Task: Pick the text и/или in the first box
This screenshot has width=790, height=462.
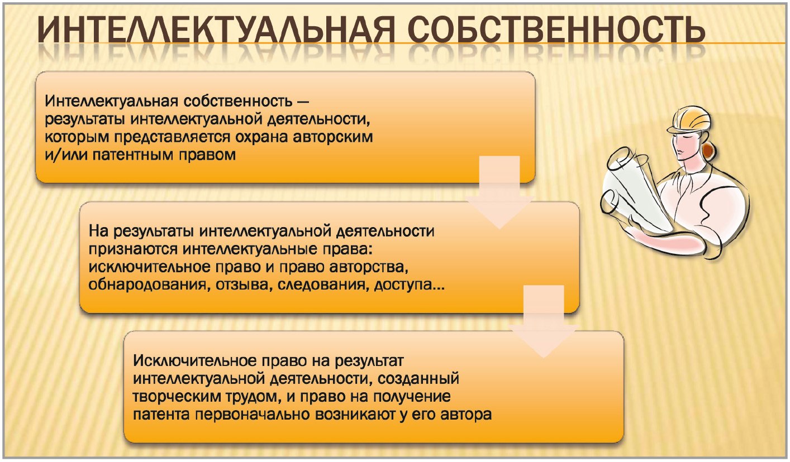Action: coord(66,155)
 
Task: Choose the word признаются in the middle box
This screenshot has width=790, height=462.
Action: coord(133,249)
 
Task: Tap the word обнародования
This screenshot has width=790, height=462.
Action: coord(147,285)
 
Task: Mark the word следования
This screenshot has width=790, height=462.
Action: coord(323,285)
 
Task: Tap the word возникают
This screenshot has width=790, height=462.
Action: coord(355,415)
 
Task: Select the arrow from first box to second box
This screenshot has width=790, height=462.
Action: coord(499,192)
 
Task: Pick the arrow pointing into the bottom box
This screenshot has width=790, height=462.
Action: coord(544,321)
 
